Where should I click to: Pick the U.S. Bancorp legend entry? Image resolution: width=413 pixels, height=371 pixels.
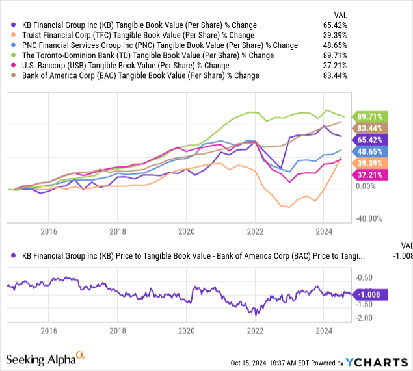pyautogui.click(x=122, y=66)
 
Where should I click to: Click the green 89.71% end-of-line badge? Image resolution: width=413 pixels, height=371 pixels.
pyautogui.click(x=369, y=116)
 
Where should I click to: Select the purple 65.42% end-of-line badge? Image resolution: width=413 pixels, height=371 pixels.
pyautogui.click(x=369, y=140)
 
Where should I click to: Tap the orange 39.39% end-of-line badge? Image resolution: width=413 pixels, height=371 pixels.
pyautogui.click(x=369, y=162)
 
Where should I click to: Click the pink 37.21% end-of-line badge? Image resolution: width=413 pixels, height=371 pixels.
pyautogui.click(x=369, y=174)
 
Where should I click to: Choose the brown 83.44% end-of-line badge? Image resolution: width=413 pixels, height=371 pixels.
pyautogui.click(x=369, y=128)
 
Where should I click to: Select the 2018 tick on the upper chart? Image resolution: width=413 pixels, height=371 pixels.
pyautogui.click(x=117, y=231)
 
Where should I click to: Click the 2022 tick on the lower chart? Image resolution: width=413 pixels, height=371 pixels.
pyautogui.click(x=255, y=330)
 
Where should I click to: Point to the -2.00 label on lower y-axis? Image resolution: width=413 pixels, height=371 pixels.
pyautogui.click(x=364, y=318)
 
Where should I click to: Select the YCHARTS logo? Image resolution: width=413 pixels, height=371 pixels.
pyautogui.click(x=379, y=363)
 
